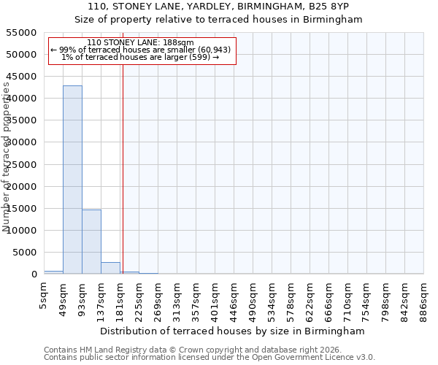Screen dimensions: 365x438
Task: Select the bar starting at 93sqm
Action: [x=91, y=242]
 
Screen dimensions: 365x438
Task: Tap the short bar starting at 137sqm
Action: [x=110, y=268]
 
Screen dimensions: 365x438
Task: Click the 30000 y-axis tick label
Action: [x=22, y=142]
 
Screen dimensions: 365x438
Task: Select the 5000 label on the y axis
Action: [x=25, y=253]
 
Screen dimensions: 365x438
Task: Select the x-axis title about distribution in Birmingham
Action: [x=234, y=331]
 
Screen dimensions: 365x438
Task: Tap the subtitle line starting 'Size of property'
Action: [x=219, y=20]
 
